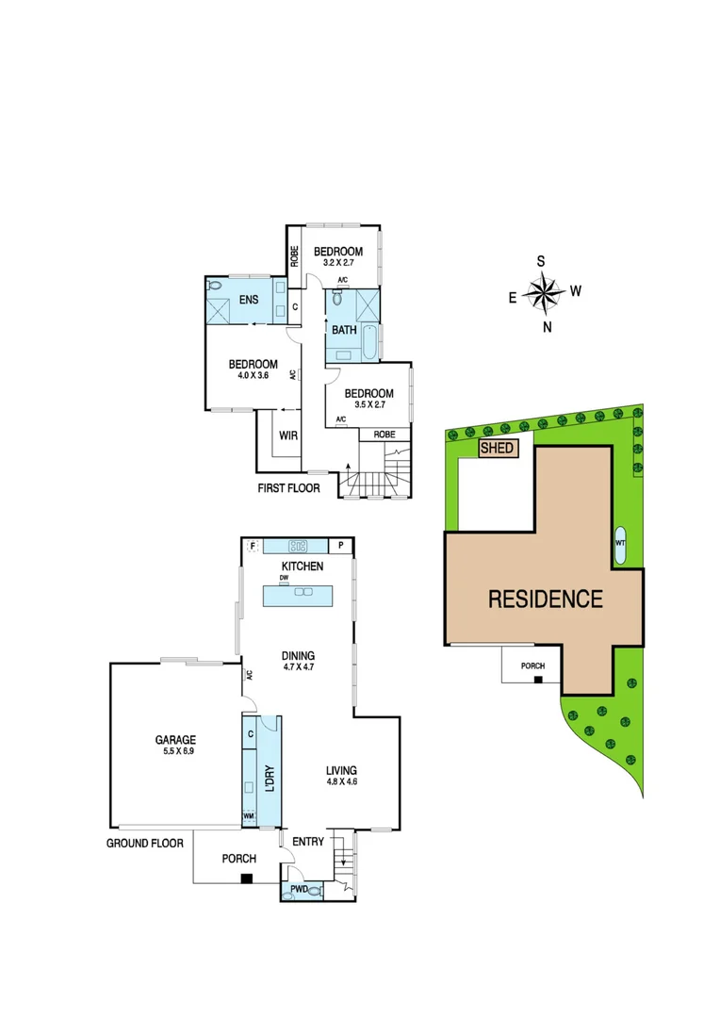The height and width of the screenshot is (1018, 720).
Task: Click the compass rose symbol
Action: [x=545, y=292]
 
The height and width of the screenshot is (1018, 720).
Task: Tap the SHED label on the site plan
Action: [x=498, y=449]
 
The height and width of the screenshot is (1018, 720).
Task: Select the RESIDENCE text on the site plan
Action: [x=545, y=599]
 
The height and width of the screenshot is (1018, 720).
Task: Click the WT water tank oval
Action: [x=620, y=545]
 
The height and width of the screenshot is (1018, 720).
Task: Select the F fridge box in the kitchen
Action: [x=252, y=545]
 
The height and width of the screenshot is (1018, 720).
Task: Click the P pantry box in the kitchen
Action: [x=340, y=546]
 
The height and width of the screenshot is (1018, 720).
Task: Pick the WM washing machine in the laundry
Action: [x=250, y=815]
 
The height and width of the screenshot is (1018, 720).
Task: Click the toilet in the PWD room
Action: [x=314, y=888]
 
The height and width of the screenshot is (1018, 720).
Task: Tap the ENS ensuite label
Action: [x=249, y=300]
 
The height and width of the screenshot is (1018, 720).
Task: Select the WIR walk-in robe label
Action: [x=288, y=435]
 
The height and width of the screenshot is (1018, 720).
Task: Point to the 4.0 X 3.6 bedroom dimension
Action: [x=254, y=376]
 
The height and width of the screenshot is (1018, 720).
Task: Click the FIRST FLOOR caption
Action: [x=289, y=488]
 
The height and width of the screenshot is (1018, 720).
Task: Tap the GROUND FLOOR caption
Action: [x=144, y=843]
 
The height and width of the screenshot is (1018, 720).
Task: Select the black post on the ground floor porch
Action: [x=246, y=878]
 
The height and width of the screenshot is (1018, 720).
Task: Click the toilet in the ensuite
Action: [x=214, y=285]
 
